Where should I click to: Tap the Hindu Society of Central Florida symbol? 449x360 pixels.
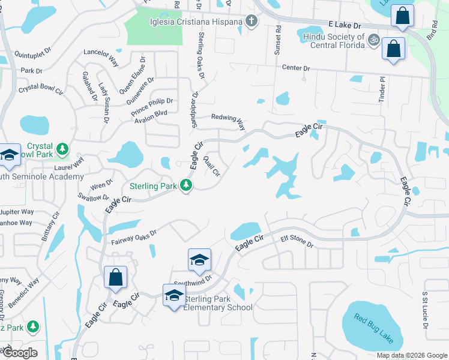tap(373, 40)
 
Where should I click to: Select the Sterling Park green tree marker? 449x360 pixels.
tap(187, 186)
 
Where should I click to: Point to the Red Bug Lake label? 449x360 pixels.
tap(373, 328)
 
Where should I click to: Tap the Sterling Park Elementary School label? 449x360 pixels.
tap(217, 303)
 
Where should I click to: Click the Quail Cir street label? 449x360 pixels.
tap(212, 166)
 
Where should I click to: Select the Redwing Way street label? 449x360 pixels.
tap(229, 122)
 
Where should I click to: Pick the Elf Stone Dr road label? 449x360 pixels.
tap(297, 242)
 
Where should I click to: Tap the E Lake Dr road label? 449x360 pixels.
tap(345, 26)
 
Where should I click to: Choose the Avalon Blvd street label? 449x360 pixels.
tap(150, 114)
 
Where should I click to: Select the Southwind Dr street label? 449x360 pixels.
tap(193, 280)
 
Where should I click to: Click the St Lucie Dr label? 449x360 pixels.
tap(425, 311)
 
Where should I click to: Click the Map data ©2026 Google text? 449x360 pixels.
tap(412, 355)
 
